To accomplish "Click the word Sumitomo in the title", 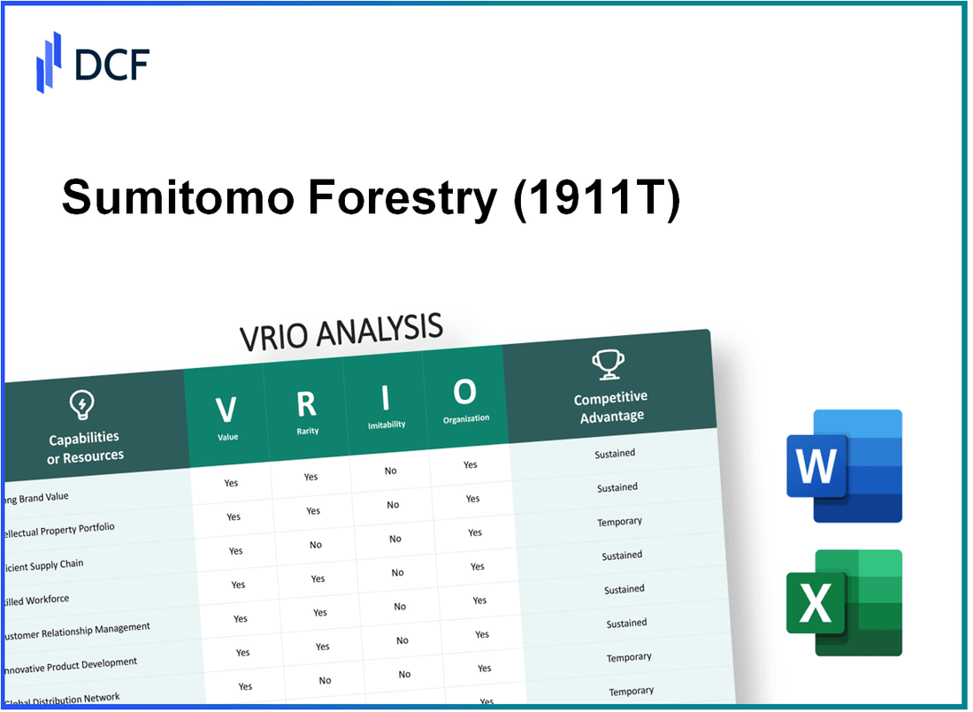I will pos(177,198).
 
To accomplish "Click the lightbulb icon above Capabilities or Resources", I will pos(81,405).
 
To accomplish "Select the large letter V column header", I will pos(226,410).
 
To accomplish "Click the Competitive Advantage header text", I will pos(610,406).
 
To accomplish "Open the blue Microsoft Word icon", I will pos(844,466).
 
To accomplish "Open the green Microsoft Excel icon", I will pos(844,604).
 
